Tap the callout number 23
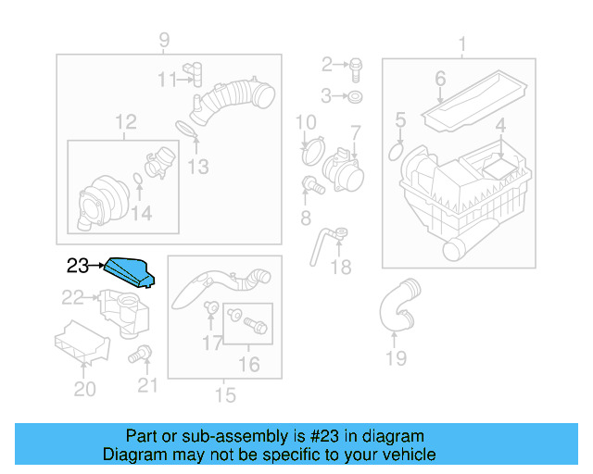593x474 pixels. [79, 267]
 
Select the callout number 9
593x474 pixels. [164, 40]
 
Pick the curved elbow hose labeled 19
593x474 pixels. [396, 310]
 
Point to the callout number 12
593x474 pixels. [125, 122]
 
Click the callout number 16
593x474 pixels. [249, 364]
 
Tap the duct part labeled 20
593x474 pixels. [82, 343]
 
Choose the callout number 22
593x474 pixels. [72, 297]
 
